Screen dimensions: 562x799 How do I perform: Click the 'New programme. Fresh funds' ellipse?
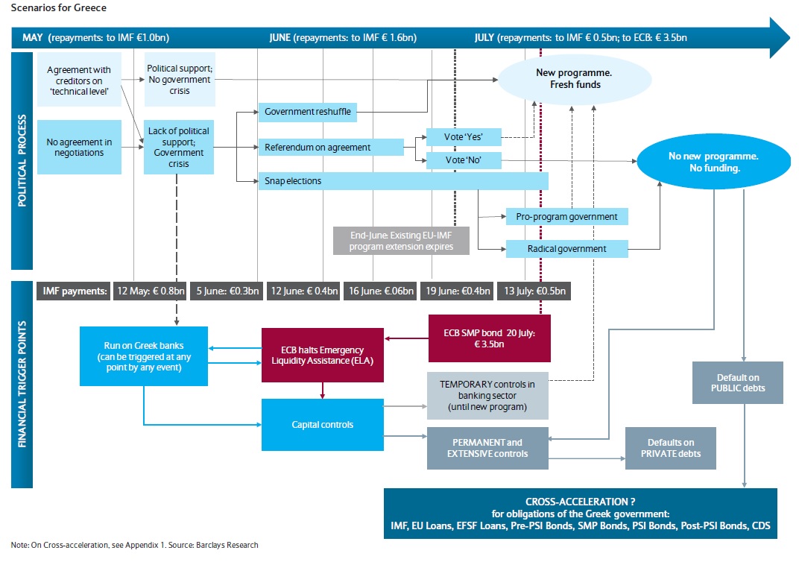coord(568,79)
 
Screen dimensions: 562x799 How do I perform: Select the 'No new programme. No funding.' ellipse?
coord(713,162)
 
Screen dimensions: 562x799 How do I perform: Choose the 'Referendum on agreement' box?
coord(329,147)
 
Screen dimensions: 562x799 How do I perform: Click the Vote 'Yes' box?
coord(463,136)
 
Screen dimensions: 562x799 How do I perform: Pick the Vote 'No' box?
coord(463,160)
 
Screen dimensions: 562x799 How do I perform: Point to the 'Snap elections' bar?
coord(402,181)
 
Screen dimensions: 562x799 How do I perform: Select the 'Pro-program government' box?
coord(566,216)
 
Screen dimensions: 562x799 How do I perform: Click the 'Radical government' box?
coord(566,249)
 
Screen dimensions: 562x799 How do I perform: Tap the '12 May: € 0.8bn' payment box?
coord(148,291)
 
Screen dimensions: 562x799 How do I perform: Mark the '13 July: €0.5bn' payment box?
coord(534,291)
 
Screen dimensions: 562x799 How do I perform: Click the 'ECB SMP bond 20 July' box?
coord(489,338)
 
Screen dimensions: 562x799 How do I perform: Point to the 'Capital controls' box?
coord(322,425)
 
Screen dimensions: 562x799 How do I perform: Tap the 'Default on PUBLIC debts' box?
coord(737,382)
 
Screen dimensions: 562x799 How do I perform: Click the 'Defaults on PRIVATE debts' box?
coord(670,448)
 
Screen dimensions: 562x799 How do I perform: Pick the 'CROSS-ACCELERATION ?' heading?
coord(580,502)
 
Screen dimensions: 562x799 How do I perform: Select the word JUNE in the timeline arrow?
coord(280,37)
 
